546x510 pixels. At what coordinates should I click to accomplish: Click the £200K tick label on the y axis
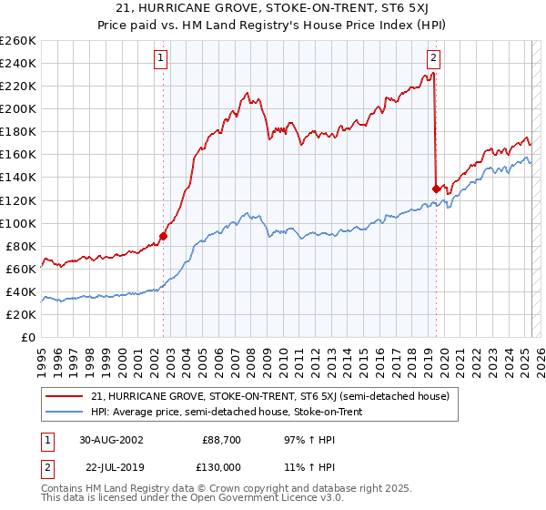(x=18, y=108)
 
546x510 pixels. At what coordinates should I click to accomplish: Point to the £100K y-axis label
(x=18, y=223)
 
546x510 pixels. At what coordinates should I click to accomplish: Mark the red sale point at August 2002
(x=164, y=235)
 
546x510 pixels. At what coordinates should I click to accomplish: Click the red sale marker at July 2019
(x=436, y=189)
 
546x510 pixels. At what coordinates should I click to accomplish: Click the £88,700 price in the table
(x=222, y=440)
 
